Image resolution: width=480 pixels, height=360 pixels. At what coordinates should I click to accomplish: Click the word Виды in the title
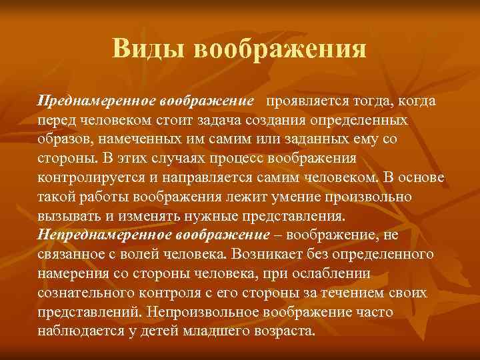[143, 49]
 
